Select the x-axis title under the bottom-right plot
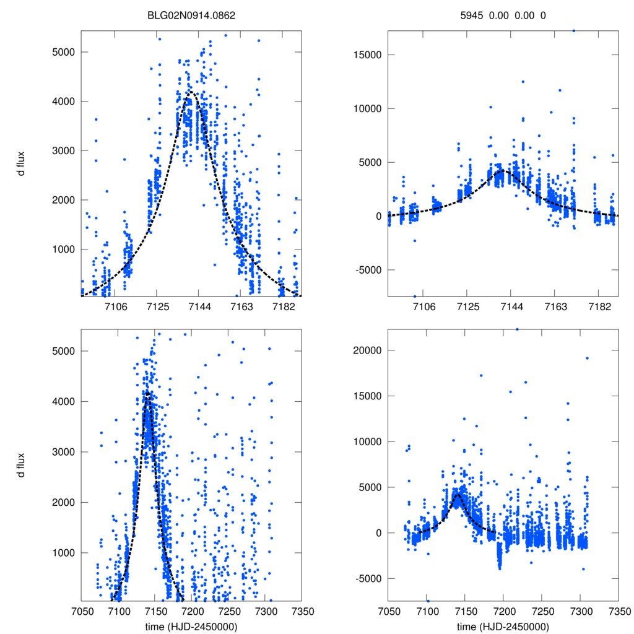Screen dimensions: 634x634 (x=503, y=626)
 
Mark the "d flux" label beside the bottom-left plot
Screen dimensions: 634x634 (x=22, y=466)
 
